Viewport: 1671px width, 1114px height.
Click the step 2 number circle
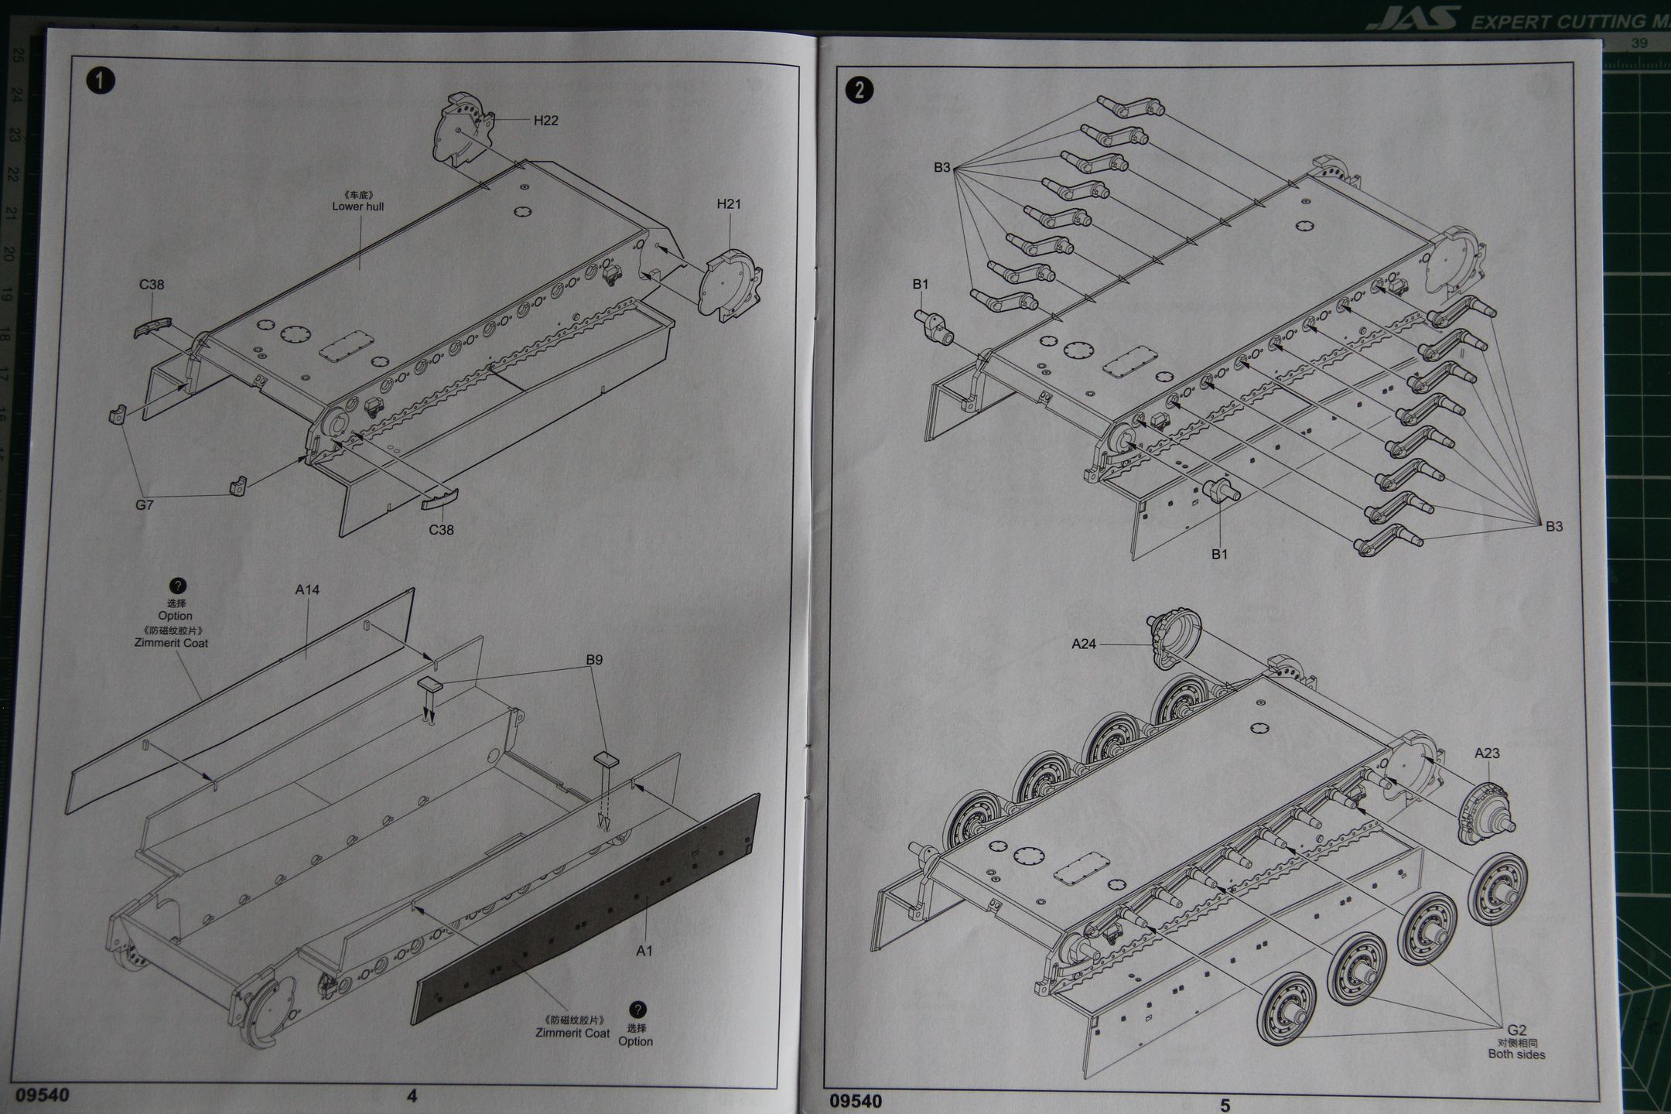(x=859, y=91)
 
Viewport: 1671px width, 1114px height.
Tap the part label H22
(x=545, y=121)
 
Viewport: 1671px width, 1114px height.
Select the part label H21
(x=728, y=204)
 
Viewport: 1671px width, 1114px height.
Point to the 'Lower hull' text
(x=358, y=207)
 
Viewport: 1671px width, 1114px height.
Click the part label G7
(x=145, y=505)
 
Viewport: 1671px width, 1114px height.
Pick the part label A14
(x=307, y=589)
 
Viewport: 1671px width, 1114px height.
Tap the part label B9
(x=593, y=660)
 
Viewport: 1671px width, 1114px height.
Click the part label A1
(x=644, y=951)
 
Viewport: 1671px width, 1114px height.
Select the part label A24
(x=1083, y=644)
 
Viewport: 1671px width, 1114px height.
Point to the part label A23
(x=1487, y=753)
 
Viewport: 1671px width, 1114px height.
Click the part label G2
(x=1517, y=1030)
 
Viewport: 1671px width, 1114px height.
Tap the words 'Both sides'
(x=1516, y=1054)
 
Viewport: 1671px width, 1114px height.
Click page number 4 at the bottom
(x=412, y=1096)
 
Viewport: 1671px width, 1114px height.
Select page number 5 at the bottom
(x=1225, y=1105)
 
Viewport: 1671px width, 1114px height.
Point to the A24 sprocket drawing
(x=1173, y=639)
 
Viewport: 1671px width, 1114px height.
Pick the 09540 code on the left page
(x=42, y=1095)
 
